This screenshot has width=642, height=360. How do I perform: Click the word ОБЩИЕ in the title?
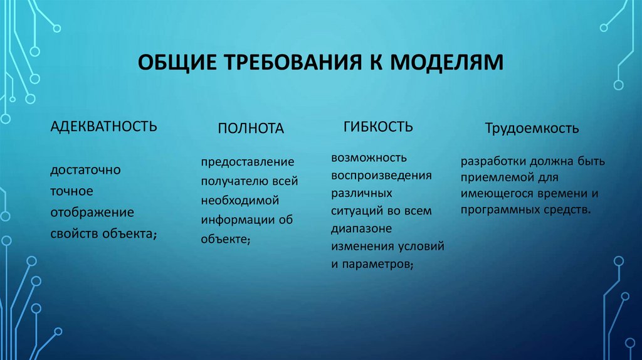pyautogui.click(x=175, y=63)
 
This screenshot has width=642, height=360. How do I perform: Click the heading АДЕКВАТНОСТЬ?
pyautogui.click(x=103, y=126)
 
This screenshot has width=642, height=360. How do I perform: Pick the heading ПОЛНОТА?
pyautogui.click(x=251, y=129)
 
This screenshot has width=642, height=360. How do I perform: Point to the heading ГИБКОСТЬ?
pyautogui.click(x=378, y=127)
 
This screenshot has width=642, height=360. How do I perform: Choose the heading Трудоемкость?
pyautogui.click(x=532, y=129)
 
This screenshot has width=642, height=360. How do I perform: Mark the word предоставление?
pyautogui.click(x=248, y=162)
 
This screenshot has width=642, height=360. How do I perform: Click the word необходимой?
pyautogui.click(x=240, y=201)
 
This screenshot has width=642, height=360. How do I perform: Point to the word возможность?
pyautogui.click(x=369, y=156)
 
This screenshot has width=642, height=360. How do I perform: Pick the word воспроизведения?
pyautogui.click(x=381, y=174)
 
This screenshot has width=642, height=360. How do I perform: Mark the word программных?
pyautogui.click(x=498, y=209)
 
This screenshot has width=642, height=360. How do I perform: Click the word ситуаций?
pyautogui.click(x=356, y=211)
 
